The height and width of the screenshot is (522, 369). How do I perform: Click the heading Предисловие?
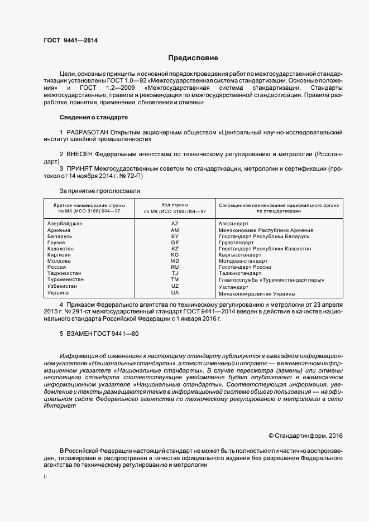click(193, 58)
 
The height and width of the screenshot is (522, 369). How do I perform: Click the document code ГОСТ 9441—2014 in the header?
click(70, 40)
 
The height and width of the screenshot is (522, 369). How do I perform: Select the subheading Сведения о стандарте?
click(93, 118)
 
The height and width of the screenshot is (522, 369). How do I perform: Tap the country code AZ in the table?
click(175, 223)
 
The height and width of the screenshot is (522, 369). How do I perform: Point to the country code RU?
click(175, 267)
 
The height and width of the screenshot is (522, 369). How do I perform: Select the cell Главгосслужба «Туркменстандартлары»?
click(271, 280)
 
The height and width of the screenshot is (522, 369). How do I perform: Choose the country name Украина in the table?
click(59, 293)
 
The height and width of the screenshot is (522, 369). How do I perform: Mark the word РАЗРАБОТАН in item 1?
click(87, 132)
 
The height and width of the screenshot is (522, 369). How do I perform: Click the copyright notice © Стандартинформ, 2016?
click(305, 436)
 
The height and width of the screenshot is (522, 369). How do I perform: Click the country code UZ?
click(175, 286)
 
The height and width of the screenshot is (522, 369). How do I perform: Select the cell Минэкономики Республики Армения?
click(266, 230)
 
